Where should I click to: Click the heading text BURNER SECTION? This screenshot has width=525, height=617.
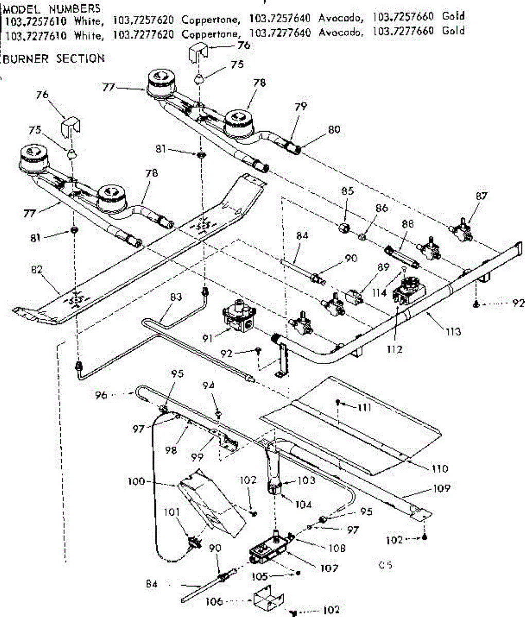click(54, 59)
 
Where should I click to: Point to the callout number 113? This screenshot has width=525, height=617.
click(453, 332)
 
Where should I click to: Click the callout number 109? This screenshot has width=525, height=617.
click(441, 488)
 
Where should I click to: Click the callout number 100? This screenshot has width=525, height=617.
click(136, 482)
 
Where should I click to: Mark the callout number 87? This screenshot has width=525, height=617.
click(482, 196)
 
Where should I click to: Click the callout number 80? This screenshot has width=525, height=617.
click(334, 130)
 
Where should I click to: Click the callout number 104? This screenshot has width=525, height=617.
click(304, 504)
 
